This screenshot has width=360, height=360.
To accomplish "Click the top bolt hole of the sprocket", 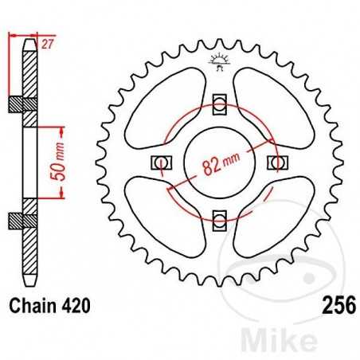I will (x=220, y=101).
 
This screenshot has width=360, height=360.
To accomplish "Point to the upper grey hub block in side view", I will (x=28, y=104).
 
